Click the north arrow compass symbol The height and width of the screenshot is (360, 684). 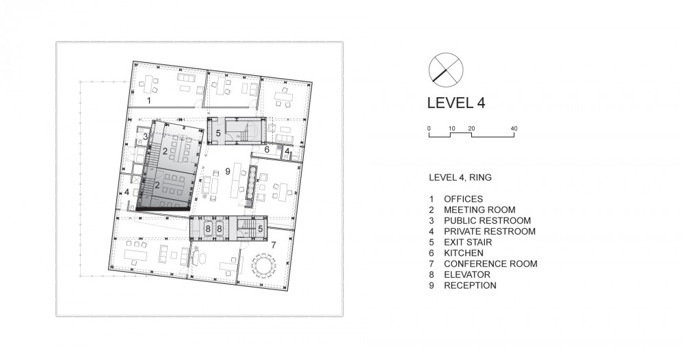(446, 70)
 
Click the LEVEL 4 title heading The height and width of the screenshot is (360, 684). (456, 103)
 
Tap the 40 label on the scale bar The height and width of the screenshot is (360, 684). (514, 128)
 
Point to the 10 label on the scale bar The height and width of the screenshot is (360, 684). (452, 128)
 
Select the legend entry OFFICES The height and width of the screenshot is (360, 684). (463, 199)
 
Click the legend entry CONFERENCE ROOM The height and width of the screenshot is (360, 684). (490, 263)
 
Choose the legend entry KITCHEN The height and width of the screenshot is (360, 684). (464, 253)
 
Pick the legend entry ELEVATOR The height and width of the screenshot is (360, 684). (467, 274)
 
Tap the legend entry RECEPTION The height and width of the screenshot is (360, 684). (471, 285)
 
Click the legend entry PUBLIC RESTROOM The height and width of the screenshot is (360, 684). (487, 220)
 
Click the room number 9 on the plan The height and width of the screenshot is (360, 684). (227, 172)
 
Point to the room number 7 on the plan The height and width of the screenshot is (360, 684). (274, 245)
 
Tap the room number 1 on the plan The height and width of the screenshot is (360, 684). (148, 101)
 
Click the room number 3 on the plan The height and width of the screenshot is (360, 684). (145, 137)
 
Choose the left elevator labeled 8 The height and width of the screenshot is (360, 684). (208, 229)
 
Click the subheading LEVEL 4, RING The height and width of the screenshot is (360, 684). (460, 177)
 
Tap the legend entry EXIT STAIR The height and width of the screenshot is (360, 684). (468, 242)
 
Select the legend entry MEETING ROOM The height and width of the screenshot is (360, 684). (480, 210)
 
